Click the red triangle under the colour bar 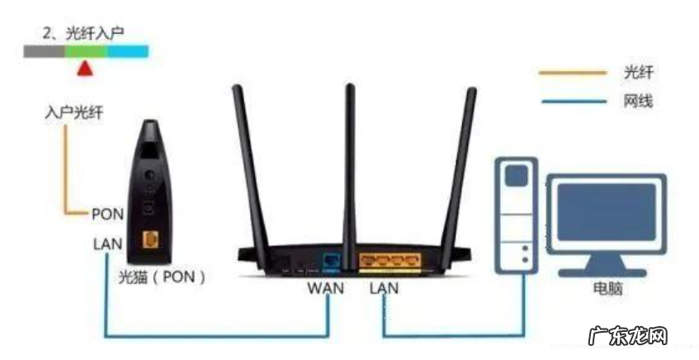click(84, 69)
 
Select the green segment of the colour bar click(87, 51)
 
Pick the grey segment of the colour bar click(45, 51)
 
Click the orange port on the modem click(152, 239)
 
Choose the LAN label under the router click(385, 289)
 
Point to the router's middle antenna click(350, 157)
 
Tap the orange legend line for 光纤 click(572, 73)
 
